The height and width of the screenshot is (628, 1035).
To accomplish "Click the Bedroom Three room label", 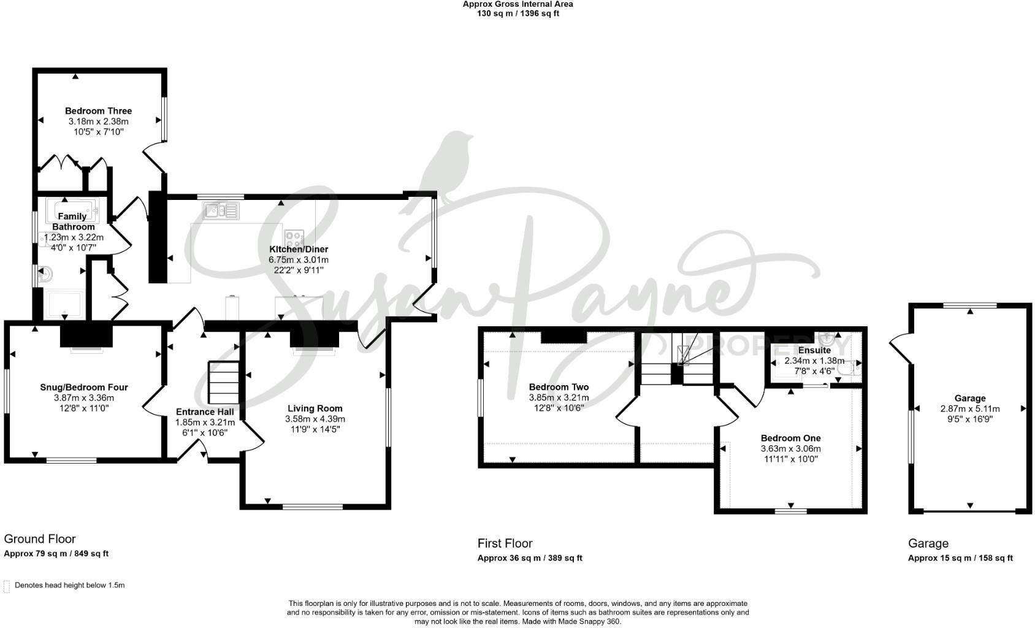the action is click(x=99, y=111).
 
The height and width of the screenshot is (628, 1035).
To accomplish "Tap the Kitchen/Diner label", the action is click(x=299, y=250).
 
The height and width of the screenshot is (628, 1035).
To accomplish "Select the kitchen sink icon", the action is click(x=221, y=211).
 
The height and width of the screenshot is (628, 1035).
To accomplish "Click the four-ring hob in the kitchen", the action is click(x=294, y=239).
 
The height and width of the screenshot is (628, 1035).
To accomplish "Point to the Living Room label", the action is click(x=315, y=408).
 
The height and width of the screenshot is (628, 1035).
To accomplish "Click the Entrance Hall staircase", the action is click(x=224, y=383).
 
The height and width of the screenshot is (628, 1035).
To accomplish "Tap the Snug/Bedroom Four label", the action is click(x=84, y=387).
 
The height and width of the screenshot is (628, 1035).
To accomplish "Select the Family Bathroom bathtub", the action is click(x=72, y=211).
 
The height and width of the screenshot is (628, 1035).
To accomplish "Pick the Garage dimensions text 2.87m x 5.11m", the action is click(x=970, y=409).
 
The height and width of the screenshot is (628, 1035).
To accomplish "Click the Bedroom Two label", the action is click(x=559, y=387).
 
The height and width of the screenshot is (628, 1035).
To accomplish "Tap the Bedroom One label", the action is click(x=791, y=438).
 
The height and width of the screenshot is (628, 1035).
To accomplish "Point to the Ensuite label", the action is click(x=815, y=350).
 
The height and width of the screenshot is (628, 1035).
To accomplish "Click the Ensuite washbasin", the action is click(x=828, y=339).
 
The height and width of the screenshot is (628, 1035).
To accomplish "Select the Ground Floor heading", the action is click(x=40, y=539).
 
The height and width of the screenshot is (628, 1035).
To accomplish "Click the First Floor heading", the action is click(x=505, y=543).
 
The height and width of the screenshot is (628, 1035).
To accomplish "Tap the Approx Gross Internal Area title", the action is click(x=518, y=4).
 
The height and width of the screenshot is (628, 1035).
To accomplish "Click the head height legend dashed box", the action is click(x=7, y=586).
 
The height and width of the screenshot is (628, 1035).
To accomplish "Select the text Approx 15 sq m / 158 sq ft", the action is click(x=961, y=557).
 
